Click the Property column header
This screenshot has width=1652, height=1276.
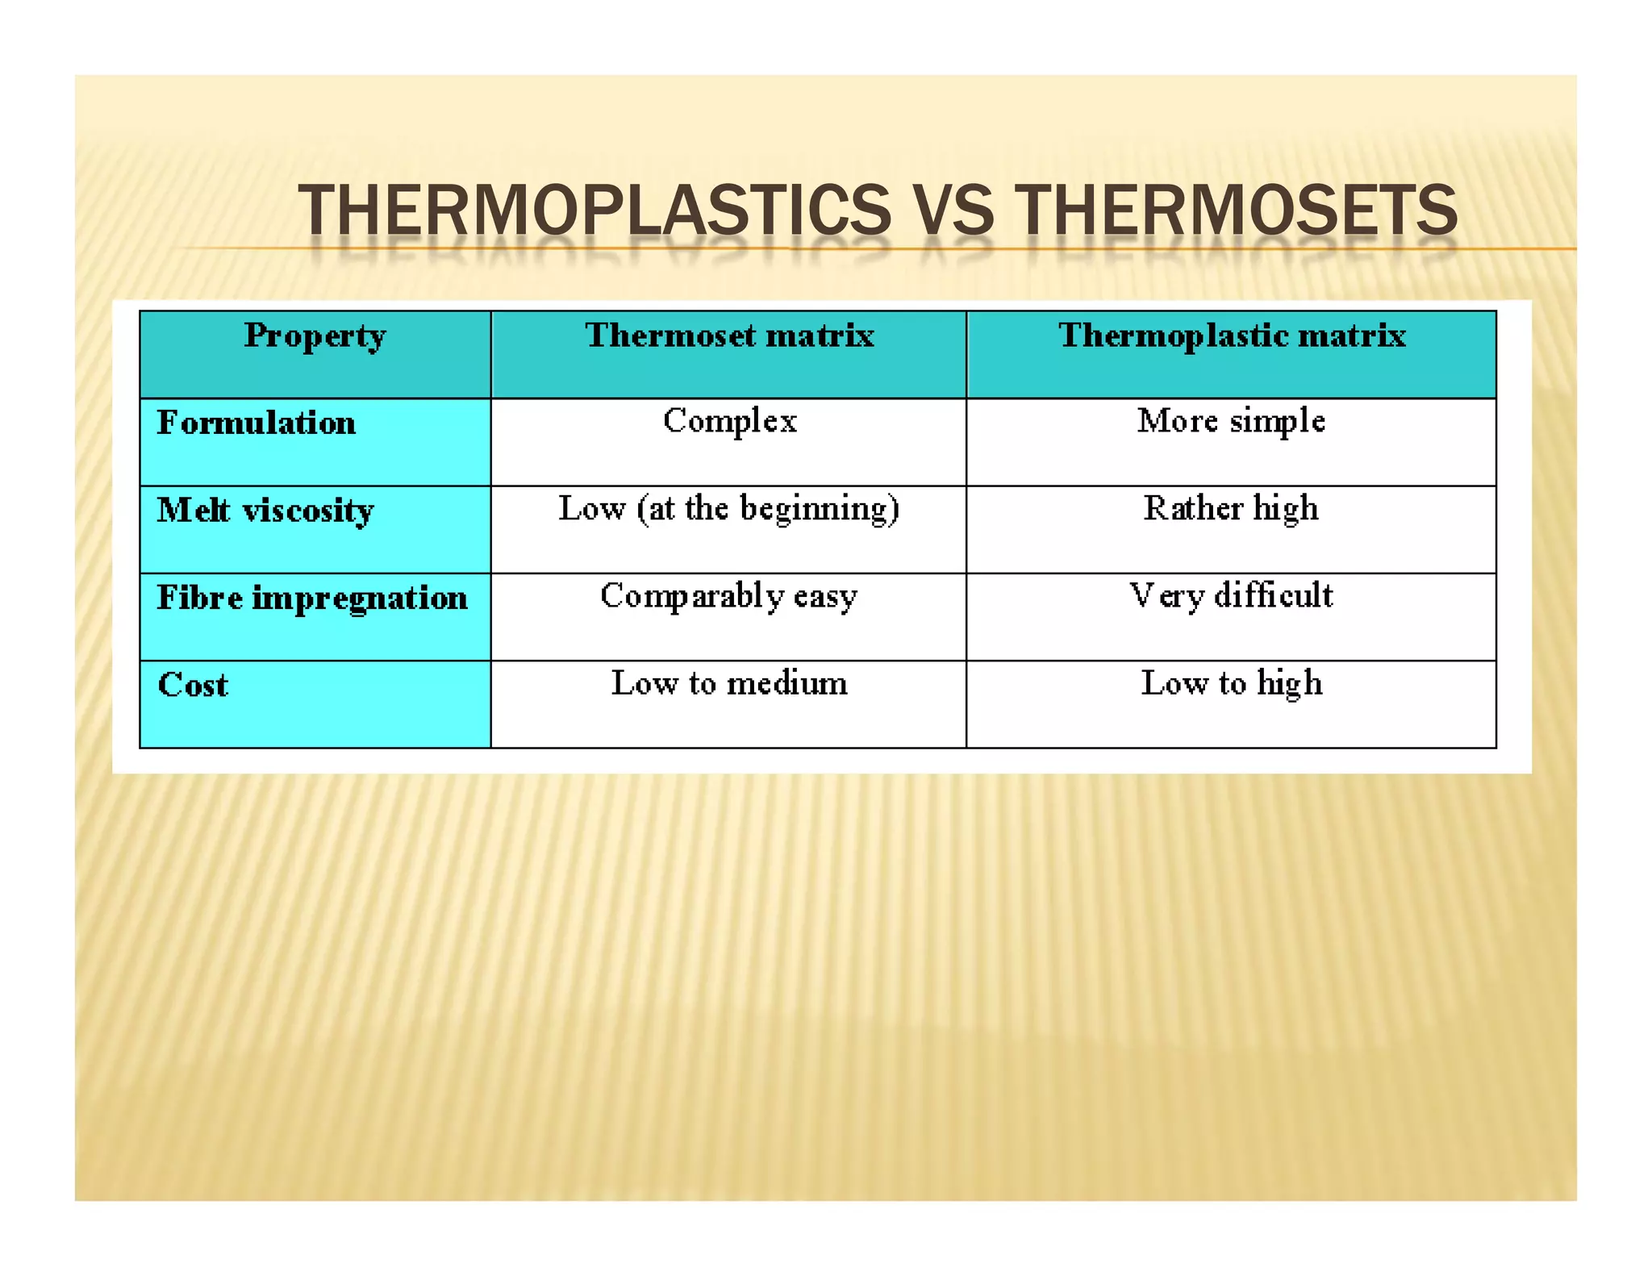coord(315,336)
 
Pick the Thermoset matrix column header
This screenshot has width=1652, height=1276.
coord(729,336)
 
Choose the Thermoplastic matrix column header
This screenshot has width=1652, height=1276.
coord(1232,336)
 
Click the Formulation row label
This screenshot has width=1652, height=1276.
coord(257,423)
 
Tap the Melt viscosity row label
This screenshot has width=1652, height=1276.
coord(265,511)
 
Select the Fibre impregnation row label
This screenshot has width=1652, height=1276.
coord(312,598)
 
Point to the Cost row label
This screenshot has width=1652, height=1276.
coord(193,685)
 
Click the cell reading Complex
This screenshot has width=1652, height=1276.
coord(729,421)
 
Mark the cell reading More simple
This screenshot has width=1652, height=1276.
coord(1231,421)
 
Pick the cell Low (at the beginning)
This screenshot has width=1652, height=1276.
coord(729,509)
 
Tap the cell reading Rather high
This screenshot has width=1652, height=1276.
coord(1231,509)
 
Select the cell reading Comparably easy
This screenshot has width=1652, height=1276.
coord(729,596)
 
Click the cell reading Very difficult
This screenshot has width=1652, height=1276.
coord(1231,596)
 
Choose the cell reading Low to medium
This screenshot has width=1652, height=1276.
coord(729,683)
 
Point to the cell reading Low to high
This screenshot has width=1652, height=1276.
coord(1231,683)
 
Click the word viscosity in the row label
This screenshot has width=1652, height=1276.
coord(308,511)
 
